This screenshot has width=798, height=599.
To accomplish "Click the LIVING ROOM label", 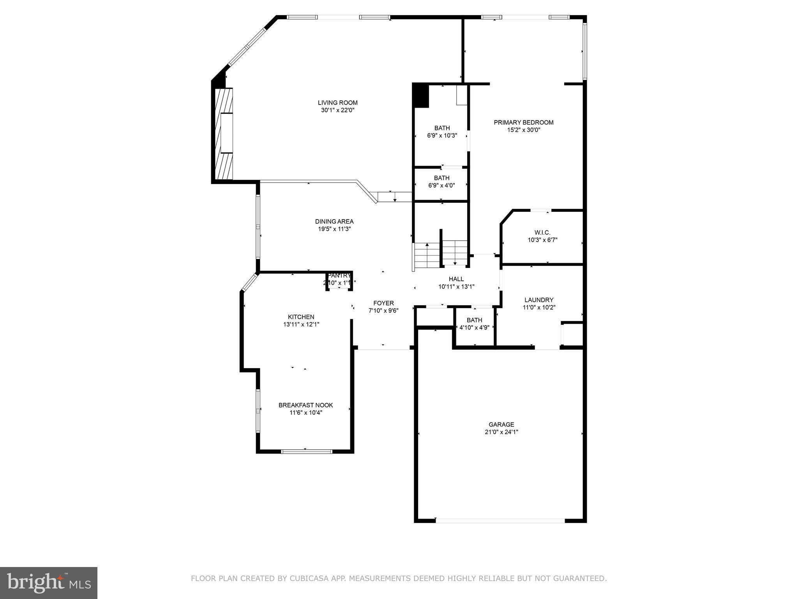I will coord(337,103).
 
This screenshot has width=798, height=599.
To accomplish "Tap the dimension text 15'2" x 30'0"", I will coord(523,130).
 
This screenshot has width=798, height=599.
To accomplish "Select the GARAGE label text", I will coord(501,424).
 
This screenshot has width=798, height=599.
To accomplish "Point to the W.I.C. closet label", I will coord(542,232).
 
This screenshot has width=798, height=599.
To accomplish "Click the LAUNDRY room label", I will coord(538,300).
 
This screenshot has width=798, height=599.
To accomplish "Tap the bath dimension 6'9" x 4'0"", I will coord(441,186).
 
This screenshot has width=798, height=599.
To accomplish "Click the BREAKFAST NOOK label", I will coord(305,405).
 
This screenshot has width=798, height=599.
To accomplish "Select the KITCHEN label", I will coord(301,317).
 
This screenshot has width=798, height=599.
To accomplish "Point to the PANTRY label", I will coord(339,276).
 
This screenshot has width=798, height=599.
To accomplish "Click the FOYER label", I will coord(383,303).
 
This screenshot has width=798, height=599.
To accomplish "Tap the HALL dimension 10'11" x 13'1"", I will coord(456,287).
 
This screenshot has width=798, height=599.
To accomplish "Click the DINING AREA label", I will coord(334,222).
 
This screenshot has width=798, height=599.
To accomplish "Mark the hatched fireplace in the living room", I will coord(224,133).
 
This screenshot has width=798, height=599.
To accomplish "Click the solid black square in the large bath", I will coord(421,96).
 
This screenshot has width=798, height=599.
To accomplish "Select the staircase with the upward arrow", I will coord(427,255).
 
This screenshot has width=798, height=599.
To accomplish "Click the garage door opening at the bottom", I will coord(500,520).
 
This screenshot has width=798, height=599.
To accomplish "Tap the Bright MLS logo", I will coord(49,583).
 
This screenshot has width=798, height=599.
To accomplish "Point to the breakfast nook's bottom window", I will coord(306,452).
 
